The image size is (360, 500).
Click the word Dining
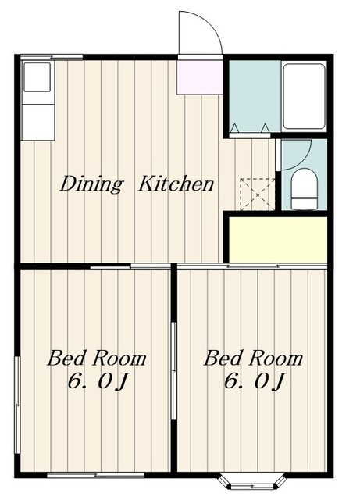91,184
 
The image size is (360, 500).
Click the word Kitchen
176,184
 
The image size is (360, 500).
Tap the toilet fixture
305,189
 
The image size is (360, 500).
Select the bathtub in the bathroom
305,96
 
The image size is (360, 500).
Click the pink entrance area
200,77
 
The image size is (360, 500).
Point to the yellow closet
278,240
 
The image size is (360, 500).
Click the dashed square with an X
258,195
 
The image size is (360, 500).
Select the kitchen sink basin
37,77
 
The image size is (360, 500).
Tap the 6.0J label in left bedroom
98,380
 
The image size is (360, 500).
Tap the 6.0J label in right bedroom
254,380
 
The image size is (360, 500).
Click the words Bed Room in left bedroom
97,358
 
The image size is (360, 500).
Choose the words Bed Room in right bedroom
253,358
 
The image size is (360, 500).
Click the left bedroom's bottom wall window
95,475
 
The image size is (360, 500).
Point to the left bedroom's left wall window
17,405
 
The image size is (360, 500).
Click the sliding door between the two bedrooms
174,370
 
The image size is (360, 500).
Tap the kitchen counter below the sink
37,122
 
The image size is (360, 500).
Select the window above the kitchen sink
52,57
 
